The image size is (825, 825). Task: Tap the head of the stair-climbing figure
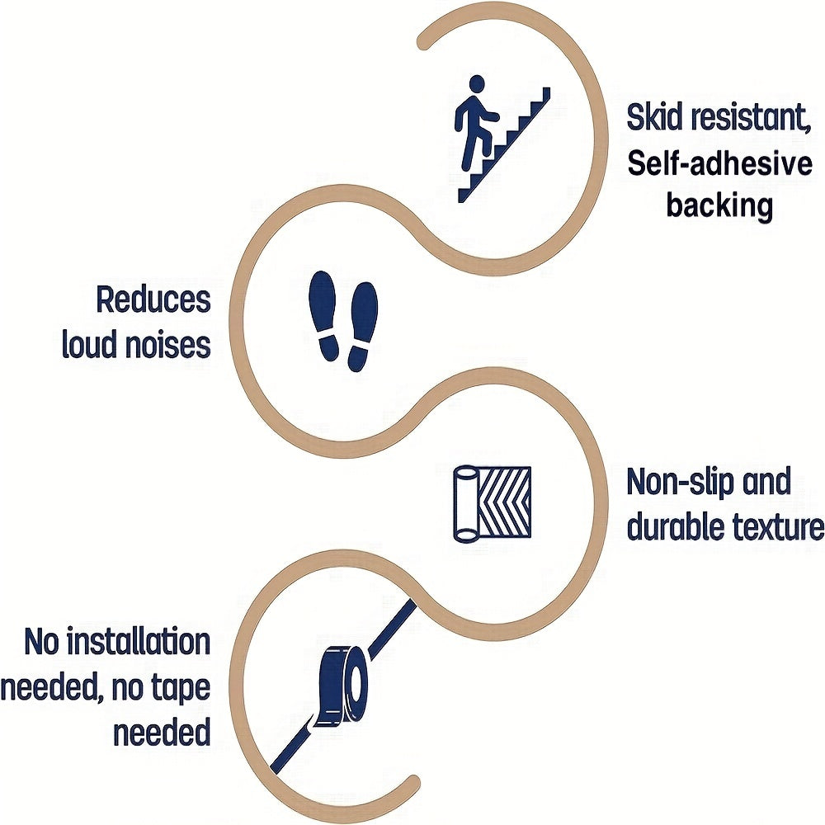click(477, 83)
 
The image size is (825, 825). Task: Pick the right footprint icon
click(362, 327)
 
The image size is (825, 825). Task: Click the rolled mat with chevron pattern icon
click(493, 503)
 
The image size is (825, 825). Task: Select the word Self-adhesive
click(719, 163)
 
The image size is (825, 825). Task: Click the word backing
click(719, 205)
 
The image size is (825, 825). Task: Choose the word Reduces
click(153, 299)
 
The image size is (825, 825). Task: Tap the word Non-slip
click(679, 482)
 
